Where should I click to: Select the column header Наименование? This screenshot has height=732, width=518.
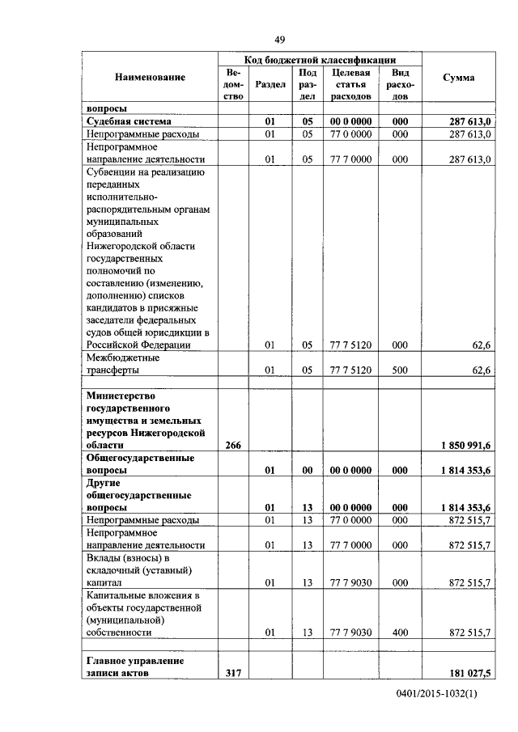click(150, 78)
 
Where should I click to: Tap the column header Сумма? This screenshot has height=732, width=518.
click(458, 78)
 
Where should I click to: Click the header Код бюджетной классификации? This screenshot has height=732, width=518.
click(320, 60)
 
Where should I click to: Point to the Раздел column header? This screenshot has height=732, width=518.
click(270, 84)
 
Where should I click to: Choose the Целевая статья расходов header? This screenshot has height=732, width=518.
click(350, 84)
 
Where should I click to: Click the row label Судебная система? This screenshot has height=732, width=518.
click(126, 121)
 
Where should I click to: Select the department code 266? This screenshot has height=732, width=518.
click(233, 445)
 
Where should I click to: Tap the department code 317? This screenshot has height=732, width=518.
click(233, 673)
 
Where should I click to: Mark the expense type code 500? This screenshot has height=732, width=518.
click(400, 370)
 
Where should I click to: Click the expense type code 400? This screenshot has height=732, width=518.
click(400, 632)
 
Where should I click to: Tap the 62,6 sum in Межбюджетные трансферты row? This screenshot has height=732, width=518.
click(482, 370)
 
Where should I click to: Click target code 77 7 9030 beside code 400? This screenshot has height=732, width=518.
click(350, 632)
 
